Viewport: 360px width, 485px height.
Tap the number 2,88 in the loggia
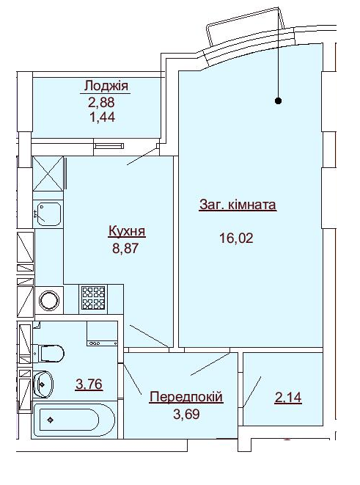click(102, 102)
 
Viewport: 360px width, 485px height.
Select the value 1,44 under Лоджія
click(102, 116)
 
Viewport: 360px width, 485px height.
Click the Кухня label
click(126, 232)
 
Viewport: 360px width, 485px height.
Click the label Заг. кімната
click(238, 205)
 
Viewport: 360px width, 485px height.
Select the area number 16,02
click(235, 238)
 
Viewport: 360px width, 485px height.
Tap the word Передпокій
click(185, 397)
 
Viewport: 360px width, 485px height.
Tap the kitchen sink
click(49, 214)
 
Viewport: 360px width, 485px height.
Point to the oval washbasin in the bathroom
click(43, 382)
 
